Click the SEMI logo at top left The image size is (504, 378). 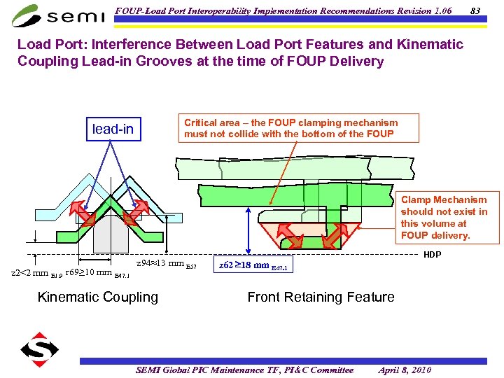(x=59, y=15)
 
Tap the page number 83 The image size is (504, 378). (x=475, y=10)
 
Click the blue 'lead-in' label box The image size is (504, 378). (x=113, y=129)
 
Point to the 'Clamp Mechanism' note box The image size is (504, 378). (x=444, y=218)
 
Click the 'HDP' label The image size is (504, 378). (x=433, y=255)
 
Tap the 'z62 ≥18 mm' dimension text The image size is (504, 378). (x=253, y=266)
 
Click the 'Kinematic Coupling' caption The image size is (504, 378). (x=98, y=297)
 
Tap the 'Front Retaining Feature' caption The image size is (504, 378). (x=321, y=297)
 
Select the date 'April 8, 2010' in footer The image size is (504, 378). (x=405, y=370)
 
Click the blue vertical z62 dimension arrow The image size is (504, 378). (x=246, y=230)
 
